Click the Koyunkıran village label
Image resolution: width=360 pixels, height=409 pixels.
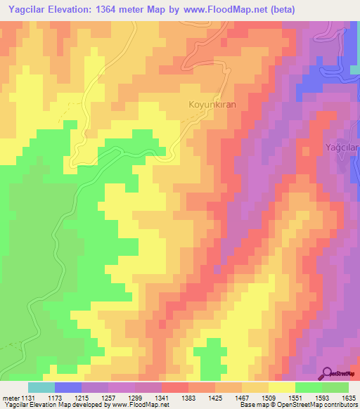(210, 104)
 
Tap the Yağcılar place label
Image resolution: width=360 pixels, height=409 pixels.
(342, 147)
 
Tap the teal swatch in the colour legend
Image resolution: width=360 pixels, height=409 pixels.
(41, 387)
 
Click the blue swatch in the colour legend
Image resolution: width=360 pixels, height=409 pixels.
(68, 387)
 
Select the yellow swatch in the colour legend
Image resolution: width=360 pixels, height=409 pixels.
(281, 387)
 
